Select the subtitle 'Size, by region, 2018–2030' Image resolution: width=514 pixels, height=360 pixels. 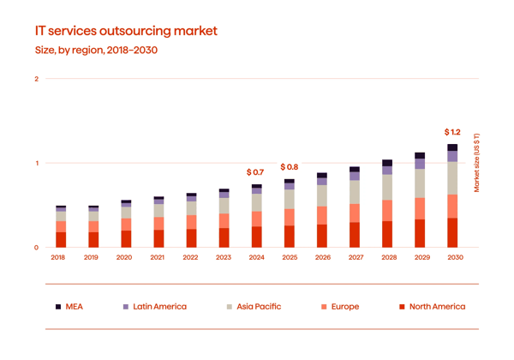pos(96,51)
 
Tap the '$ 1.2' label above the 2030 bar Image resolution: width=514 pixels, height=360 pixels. pos(452,133)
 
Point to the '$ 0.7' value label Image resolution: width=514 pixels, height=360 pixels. pos(254,173)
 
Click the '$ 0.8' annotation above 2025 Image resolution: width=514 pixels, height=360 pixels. pos(289,166)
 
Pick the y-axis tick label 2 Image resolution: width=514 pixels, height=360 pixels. pos(36,79)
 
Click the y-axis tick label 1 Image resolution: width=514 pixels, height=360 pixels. pos(36,163)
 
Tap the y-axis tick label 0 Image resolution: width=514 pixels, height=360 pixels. pos(36,248)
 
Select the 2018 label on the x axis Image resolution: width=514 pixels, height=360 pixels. pos(58,257)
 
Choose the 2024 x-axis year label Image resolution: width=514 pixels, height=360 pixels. pos(255,257)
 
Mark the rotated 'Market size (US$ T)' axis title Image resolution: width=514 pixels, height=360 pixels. pos(476,163)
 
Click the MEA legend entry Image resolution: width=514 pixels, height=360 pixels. pos(69,306)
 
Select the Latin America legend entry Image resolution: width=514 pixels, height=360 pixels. pos(154,306)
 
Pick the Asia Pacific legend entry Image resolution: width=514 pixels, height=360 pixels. pos(252,306)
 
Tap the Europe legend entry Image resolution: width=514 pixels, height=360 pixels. pos(338,306)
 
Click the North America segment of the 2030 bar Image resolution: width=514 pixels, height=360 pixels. pos(452,232)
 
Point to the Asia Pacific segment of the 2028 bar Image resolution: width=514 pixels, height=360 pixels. pos(387,187)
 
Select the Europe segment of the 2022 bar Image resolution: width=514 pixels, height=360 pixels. pos(190,222)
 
